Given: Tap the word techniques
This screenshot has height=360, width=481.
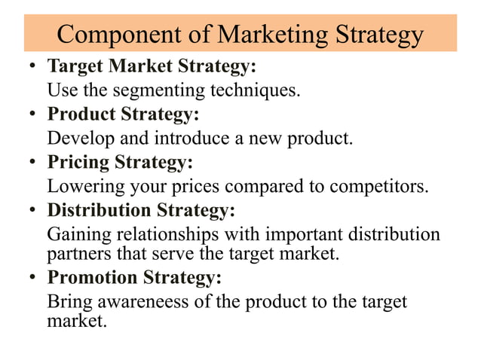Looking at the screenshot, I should pos(256,91).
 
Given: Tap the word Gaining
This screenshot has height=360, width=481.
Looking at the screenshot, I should pos(77,233).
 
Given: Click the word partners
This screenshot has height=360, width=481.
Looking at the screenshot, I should pos(78,252).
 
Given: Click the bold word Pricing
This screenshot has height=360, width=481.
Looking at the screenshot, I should pos(79,163).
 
